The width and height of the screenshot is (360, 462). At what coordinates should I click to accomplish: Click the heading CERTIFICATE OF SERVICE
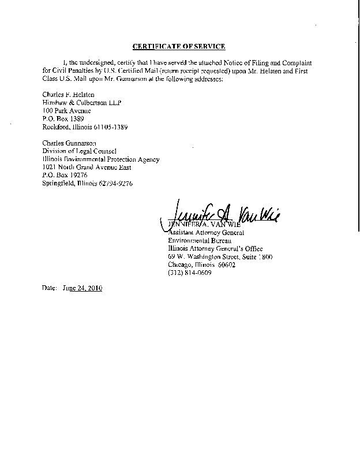pyautogui.click(x=179, y=46)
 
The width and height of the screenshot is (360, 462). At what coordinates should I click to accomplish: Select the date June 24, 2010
pyautogui.click(x=81, y=288)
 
